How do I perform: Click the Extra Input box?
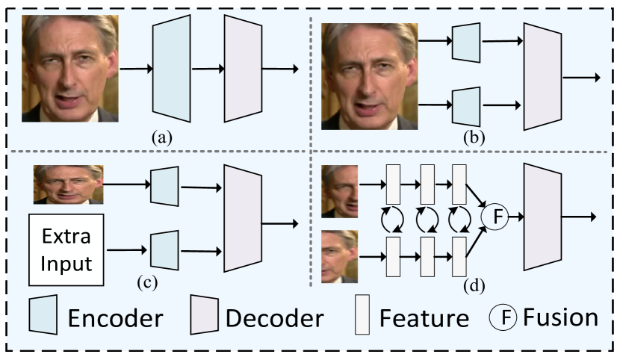pos(66,249)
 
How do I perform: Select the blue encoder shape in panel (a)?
pos(172,69)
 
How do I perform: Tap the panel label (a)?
pos(163,137)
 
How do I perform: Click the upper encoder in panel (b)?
pos(465,43)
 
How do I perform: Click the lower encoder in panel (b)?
pos(465,105)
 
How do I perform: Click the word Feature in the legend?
pos(424,319)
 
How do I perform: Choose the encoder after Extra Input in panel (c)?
pos(164,249)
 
